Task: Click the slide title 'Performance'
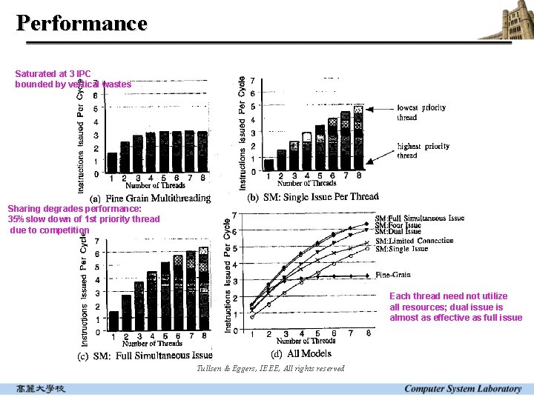tap(82, 23)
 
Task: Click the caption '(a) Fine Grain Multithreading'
tap(151, 198)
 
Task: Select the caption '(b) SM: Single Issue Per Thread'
tap(312, 196)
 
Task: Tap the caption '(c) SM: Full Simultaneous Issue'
tap(145, 356)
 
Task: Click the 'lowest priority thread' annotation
tap(421, 112)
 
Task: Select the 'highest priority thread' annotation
tap(423, 151)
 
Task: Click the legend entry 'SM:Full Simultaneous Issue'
tap(420, 219)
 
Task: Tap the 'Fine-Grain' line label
tap(393, 275)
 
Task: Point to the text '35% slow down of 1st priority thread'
tap(84, 219)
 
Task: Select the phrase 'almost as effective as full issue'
tap(455, 318)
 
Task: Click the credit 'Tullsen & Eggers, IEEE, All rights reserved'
tap(271, 369)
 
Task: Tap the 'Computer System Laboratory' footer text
tap(463, 389)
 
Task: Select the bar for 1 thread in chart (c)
tap(113, 320)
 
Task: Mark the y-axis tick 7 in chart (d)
tap(234, 216)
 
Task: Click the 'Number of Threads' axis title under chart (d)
tap(306, 341)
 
